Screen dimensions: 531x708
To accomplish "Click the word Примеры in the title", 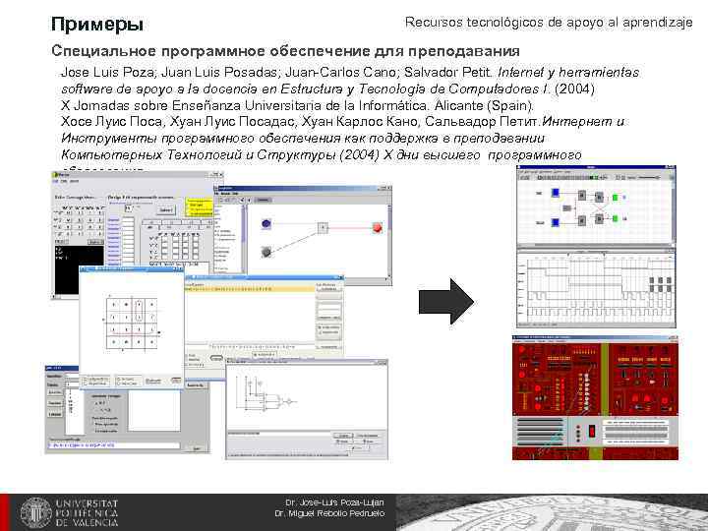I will point(96,24).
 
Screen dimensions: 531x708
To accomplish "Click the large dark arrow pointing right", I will point(446,300).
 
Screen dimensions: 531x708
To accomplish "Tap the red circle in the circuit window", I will point(378,228).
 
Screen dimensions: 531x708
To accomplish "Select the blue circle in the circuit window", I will point(266,225).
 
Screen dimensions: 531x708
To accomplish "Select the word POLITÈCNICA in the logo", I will point(88,512).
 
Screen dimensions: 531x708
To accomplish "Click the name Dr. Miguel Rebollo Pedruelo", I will point(328,514).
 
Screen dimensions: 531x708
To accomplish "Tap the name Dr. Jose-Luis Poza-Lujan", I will point(334,502).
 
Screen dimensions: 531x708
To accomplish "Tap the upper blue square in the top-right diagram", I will point(556,193).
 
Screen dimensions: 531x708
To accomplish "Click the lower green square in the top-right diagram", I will point(616,214).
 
